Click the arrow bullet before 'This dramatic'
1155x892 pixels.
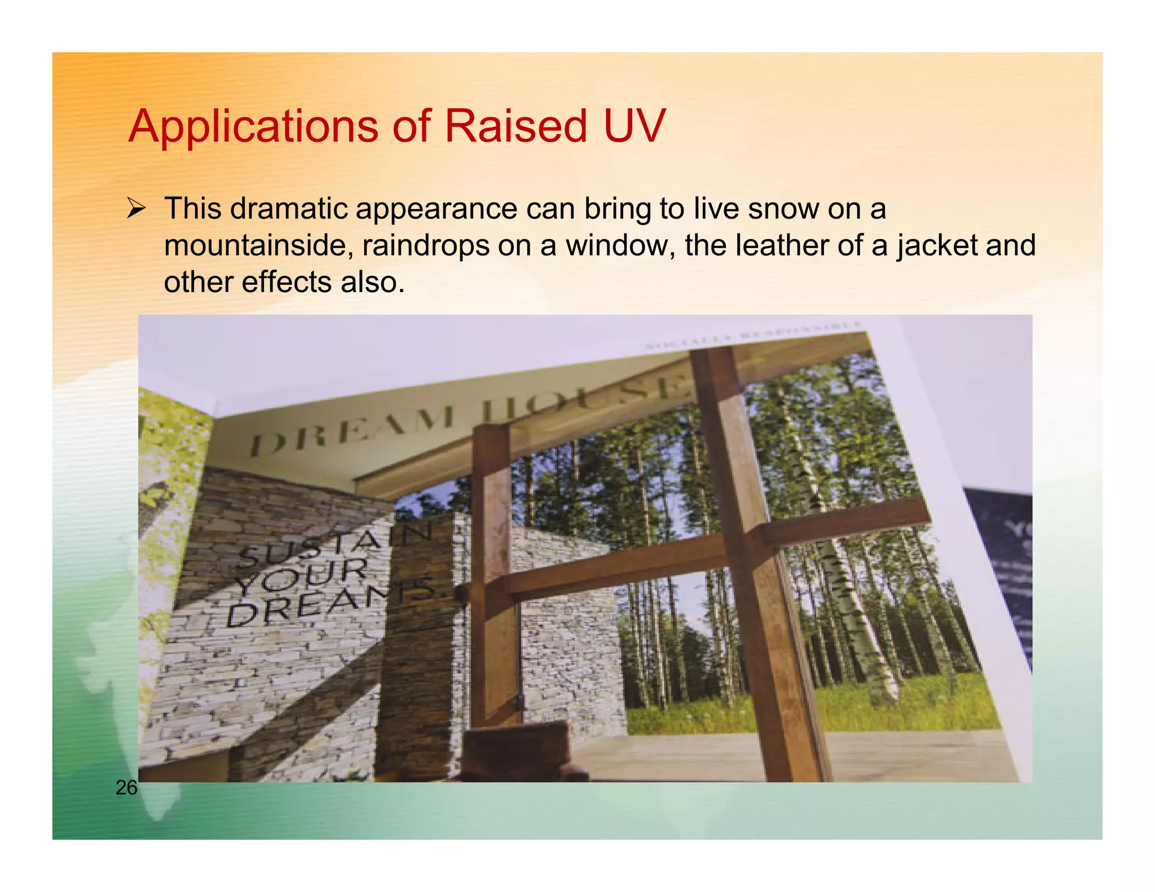[x=136, y=209]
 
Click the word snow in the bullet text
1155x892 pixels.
[x=783, y=209]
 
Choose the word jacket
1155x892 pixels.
[x=936, y=246]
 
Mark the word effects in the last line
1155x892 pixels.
[x=286, y=282]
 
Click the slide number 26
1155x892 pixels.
[x=126, y=788]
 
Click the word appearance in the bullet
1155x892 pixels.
[x=437, y=209]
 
